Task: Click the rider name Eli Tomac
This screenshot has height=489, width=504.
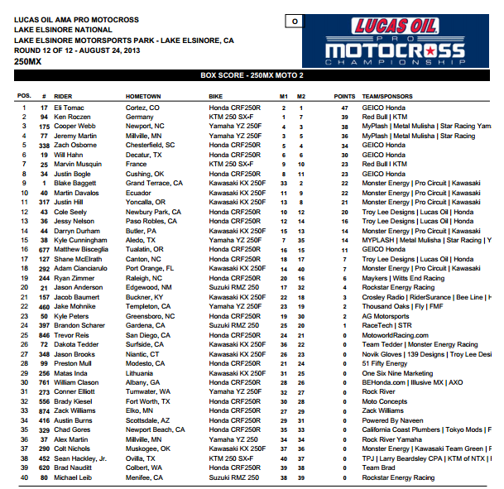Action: point(69,108)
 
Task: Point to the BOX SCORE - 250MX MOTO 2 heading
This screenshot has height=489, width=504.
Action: point(252,75)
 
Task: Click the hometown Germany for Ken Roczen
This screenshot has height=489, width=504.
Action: point(140,117)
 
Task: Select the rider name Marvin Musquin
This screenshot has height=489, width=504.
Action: point(79,164)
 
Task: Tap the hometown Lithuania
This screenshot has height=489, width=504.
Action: point(142,373)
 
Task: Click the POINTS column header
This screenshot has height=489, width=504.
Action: point(344,96)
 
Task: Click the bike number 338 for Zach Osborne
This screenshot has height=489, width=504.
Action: point(45,145)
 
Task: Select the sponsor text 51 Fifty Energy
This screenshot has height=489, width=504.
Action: point(385,363)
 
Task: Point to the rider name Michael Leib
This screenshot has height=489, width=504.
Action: point(74,477)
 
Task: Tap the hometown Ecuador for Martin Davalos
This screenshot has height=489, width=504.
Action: point(139,193)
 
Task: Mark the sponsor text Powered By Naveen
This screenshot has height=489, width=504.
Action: point(391,420)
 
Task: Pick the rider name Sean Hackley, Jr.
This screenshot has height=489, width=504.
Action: point(80,458)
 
